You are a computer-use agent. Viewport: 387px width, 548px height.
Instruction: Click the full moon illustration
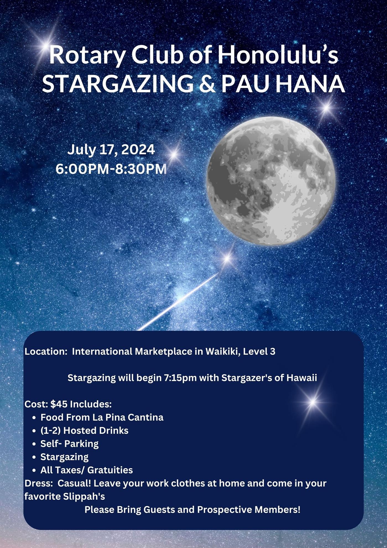pos(271,181)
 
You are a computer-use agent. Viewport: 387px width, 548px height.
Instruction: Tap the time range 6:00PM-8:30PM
pos(111,169)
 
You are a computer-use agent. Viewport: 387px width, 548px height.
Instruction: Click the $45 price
pos(59,404)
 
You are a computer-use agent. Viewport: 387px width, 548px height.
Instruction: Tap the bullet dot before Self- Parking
pos(34,444)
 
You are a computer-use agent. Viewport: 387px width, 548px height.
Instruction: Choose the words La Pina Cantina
pos(128,417)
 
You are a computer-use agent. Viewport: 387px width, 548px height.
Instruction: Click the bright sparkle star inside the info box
pos(313,402)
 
